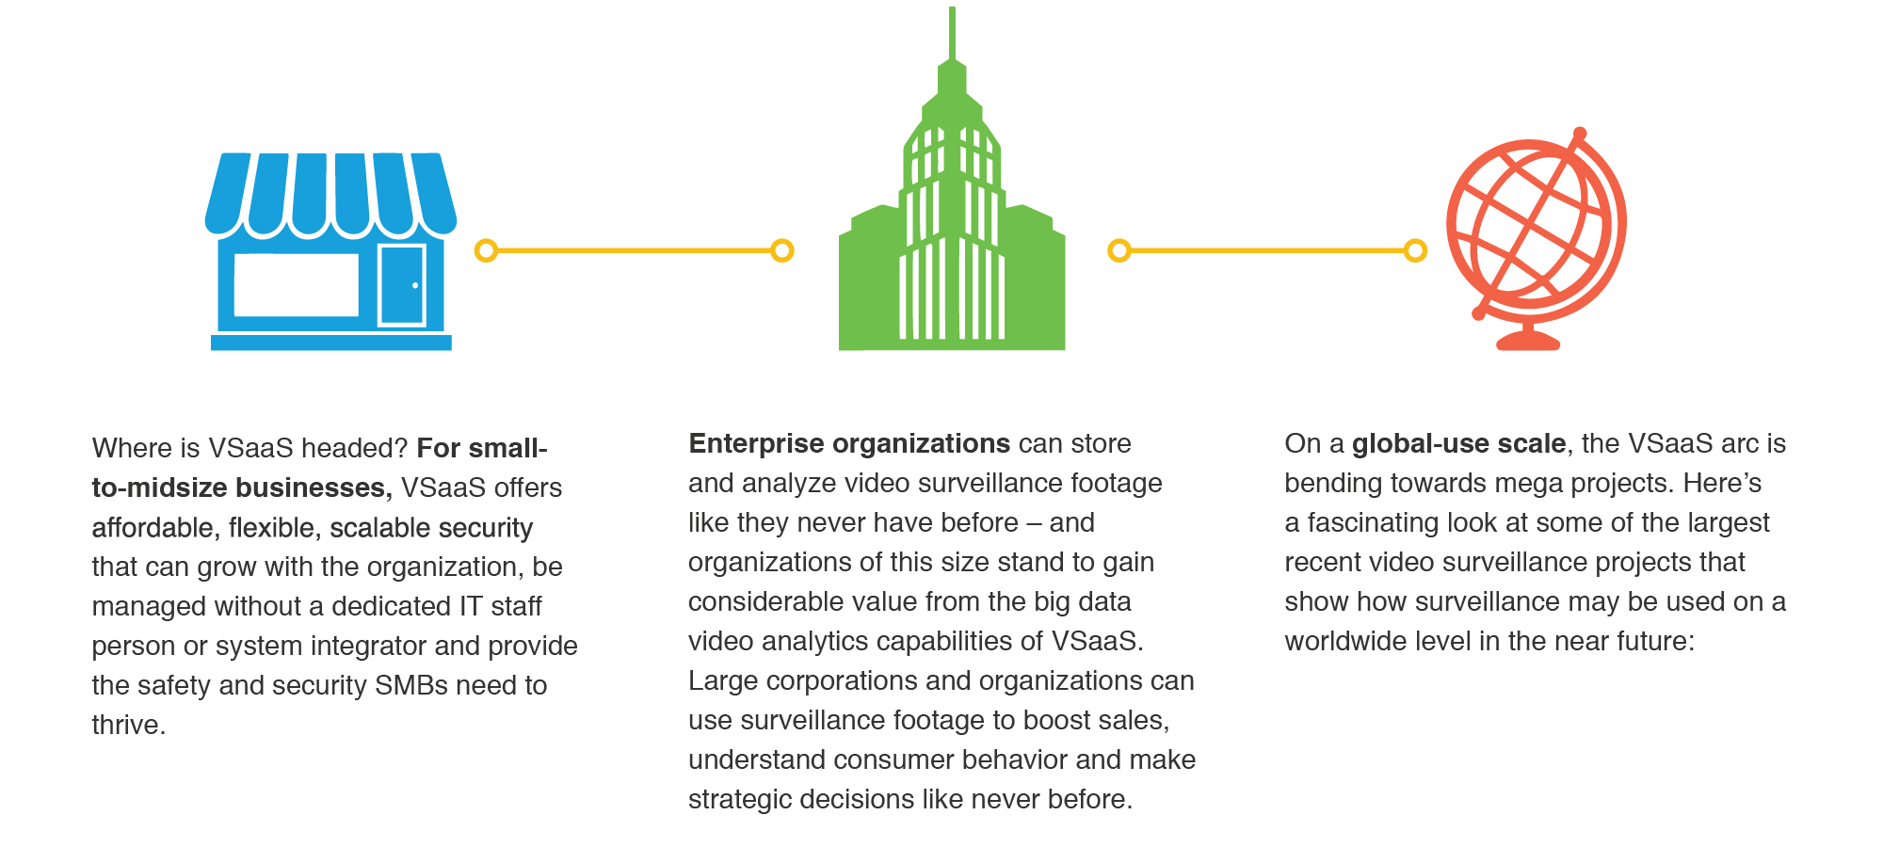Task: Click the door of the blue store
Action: [402, 285]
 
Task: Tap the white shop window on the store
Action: [297, 285]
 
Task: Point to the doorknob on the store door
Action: [415, 285]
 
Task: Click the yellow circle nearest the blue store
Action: [486, 250]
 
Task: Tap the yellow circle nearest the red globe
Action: [1415, 250]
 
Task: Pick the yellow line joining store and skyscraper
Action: [634, 250]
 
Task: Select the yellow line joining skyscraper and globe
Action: [1267, 250]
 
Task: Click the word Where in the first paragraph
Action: [133, 448]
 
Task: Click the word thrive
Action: [128, 725]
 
